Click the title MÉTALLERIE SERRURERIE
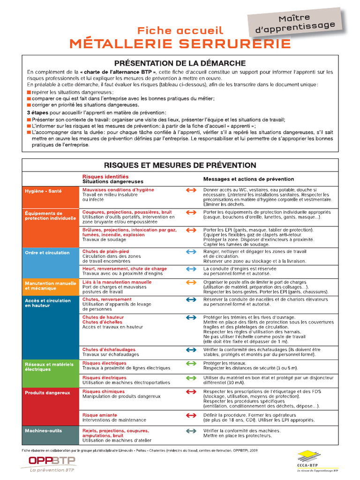pyautogui.click(x=180, y=44)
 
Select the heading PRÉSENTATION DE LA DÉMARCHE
pyautogui.click(x=180, y=63)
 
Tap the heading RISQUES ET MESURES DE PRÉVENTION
pyautogui.click(x=180, y=165)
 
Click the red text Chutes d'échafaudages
pyautogui.click(x=109, y=349)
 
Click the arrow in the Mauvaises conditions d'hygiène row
pyautogui.click(x=191, y=190)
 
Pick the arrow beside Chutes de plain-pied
pyautogui.click(x=191, y=252)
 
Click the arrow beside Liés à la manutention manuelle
pyautogui.click(x=191, y=282)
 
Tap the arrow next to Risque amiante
pyautogui.click(x=191, y=415)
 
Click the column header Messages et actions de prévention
pyautogui.click(x=248, y=179)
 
